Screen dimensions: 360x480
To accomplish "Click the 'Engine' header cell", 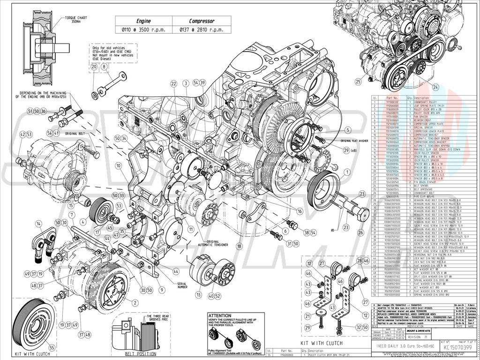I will [x=143, y=21].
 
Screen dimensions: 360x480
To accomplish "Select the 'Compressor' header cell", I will [x=202, y=21].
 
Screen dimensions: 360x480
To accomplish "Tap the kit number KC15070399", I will [x=455, y=348].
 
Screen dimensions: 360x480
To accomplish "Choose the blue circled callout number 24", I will [x=435, y=87].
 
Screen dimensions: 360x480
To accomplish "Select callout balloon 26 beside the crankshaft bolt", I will [x=361, y=232].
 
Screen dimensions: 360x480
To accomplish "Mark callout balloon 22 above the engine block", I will [x=173, y=83].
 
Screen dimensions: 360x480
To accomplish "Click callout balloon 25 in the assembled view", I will [x=359, y=81].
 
